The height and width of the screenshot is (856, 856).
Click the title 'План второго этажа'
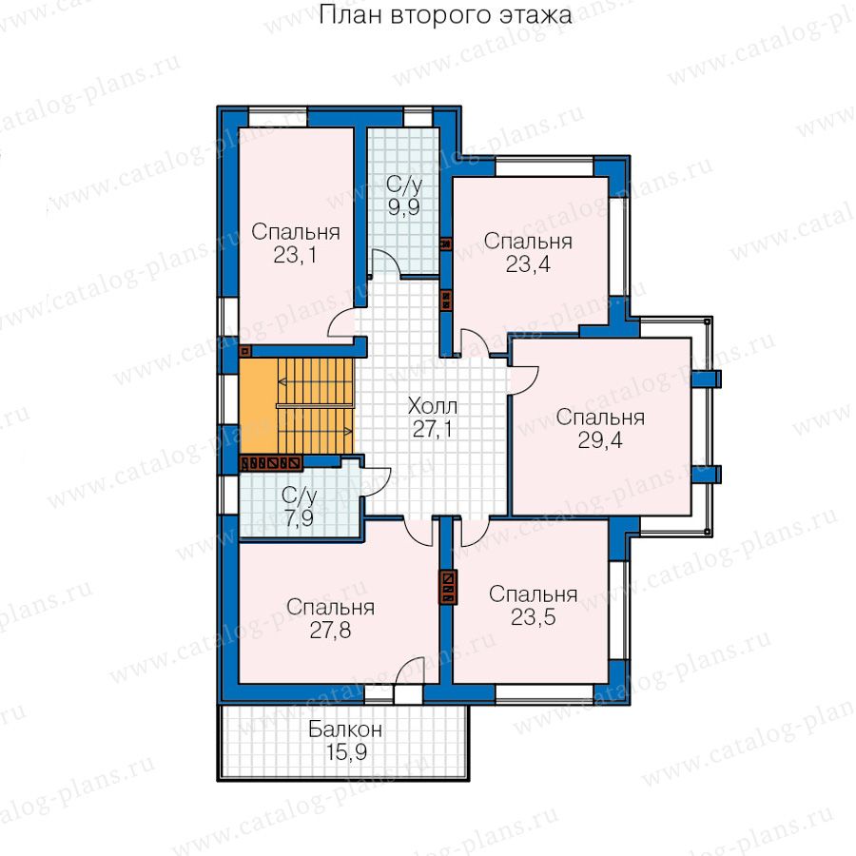point(445,16)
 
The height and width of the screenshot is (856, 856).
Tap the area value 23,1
point(295,255)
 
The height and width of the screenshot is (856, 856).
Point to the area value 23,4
point(528,264)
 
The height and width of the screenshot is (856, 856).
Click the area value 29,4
point(600,440)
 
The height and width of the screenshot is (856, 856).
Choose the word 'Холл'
point(433,406)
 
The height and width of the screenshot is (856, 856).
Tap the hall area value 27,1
point(433,430)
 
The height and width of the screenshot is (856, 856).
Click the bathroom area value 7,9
point(300,517)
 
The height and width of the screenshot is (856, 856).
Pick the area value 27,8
point(330,630)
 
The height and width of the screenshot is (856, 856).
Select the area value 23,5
point(534,617)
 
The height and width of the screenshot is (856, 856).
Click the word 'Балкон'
point(345,730)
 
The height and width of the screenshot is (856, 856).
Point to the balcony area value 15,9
point(346,753)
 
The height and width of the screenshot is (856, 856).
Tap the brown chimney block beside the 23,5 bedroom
point(448,588)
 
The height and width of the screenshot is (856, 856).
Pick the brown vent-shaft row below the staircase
point(271,463)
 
